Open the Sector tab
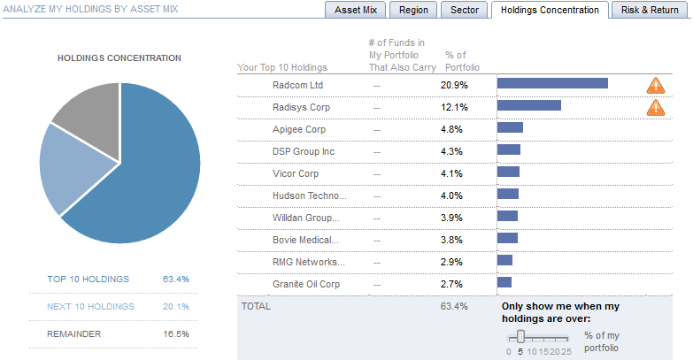click(465, 10)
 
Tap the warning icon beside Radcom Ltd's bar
click(656, 85)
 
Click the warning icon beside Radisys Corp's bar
click(656, 107)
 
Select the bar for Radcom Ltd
click(552, 84)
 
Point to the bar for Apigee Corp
click(510, 128)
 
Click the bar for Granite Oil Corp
click(504, 283)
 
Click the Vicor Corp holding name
click(296, 173)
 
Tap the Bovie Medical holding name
click(304, 240)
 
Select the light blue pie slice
click(63, 169)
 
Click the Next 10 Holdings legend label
click(91, 307)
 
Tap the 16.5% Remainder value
click(176, 334)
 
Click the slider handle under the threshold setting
click(521, 336)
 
